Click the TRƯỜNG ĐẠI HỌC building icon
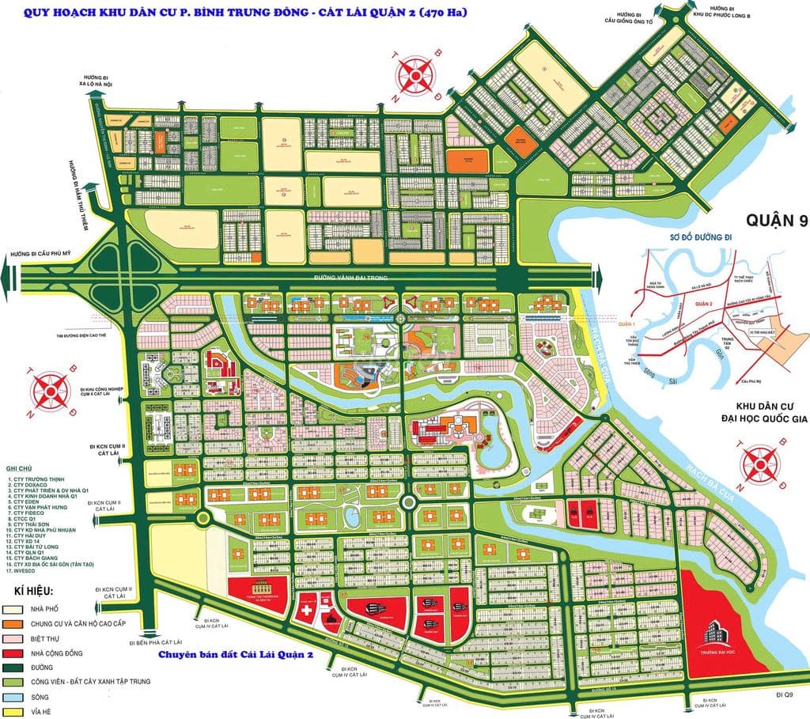click(x=722, y=630)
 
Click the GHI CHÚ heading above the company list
click(x=19, y=467)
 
